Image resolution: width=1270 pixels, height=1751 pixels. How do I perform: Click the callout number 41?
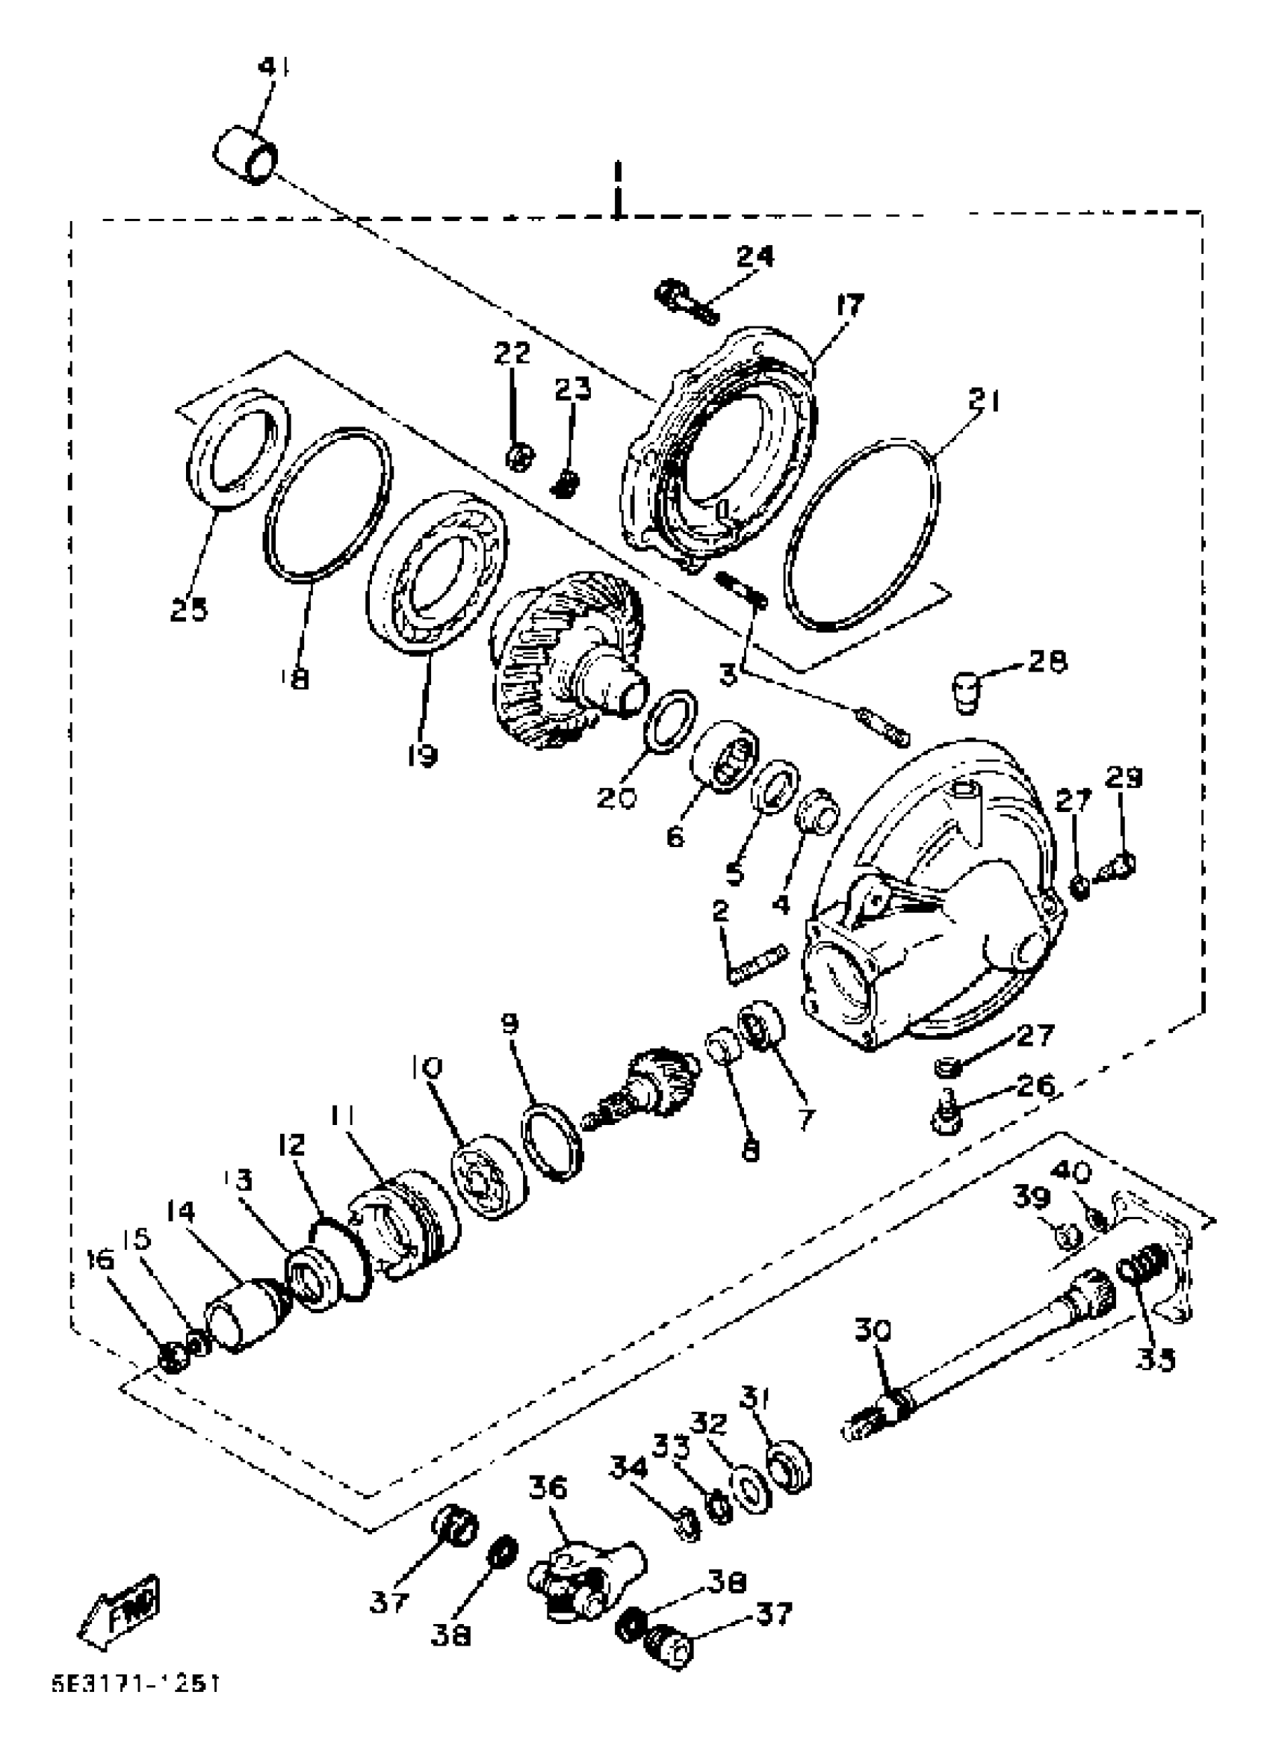(273, 68)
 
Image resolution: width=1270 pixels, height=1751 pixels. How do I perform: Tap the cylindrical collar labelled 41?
(245, 156)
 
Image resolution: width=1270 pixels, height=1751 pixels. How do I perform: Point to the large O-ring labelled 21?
(861, 536)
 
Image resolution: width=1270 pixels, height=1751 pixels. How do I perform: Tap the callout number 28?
(1047, 661)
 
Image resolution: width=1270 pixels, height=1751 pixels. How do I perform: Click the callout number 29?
(1124, 778)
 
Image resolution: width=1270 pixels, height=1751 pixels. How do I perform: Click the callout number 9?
(509, 1024)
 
